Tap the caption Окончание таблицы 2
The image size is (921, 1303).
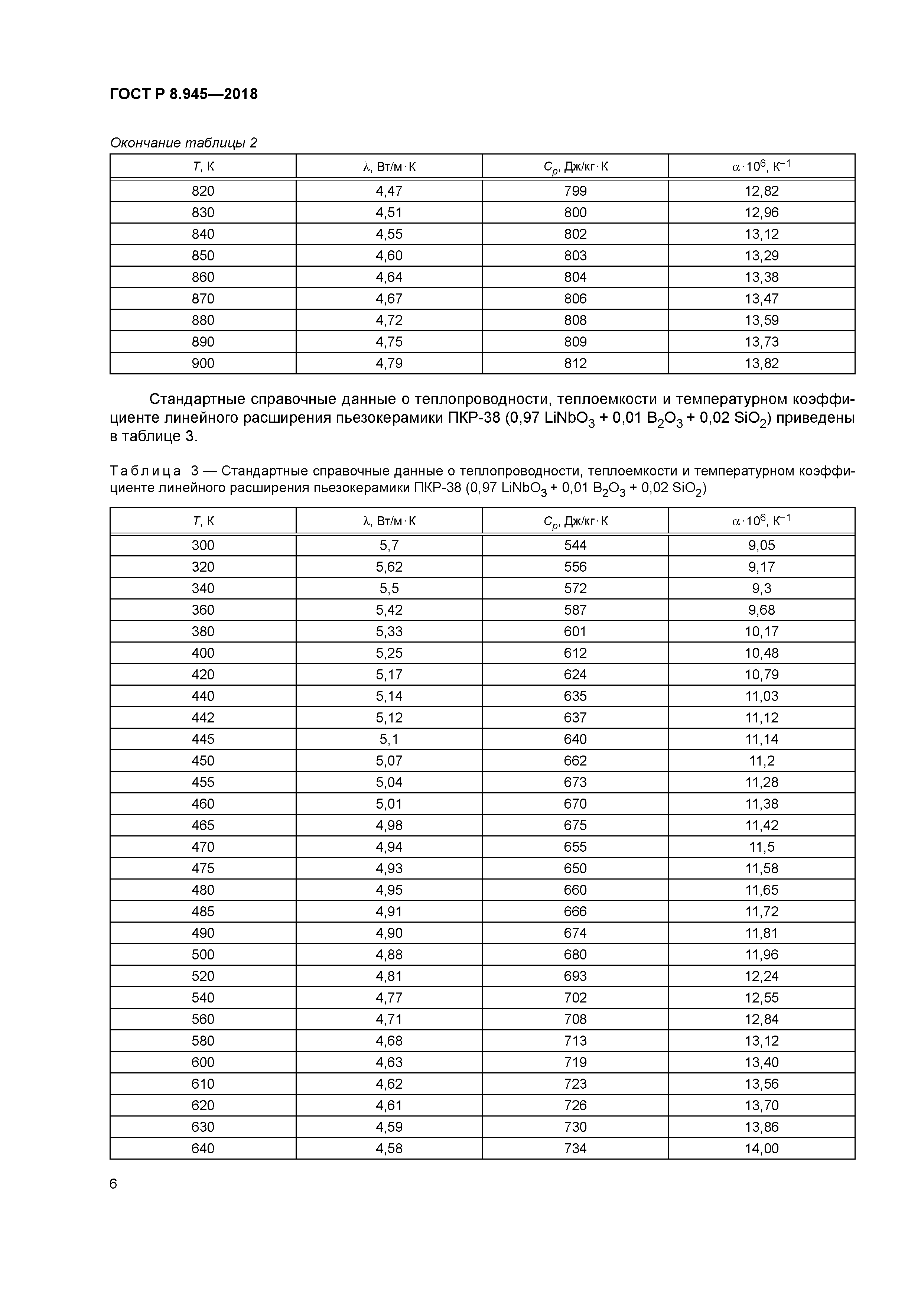[183, 142]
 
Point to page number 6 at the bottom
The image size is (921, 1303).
[114, 1184]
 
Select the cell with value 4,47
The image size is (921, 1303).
[389, 191]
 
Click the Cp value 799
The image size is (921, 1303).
[575, 191]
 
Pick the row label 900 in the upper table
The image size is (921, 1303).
[203, 363]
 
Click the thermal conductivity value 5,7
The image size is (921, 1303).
[389, 545]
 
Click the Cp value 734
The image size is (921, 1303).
[575, 1148]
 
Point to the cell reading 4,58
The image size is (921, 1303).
[389, 1148]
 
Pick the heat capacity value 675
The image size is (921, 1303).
[575, 826]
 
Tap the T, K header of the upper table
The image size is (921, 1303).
[203, 166]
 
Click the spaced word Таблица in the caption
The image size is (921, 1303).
[145, 471]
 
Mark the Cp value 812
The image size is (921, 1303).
[575, 363]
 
